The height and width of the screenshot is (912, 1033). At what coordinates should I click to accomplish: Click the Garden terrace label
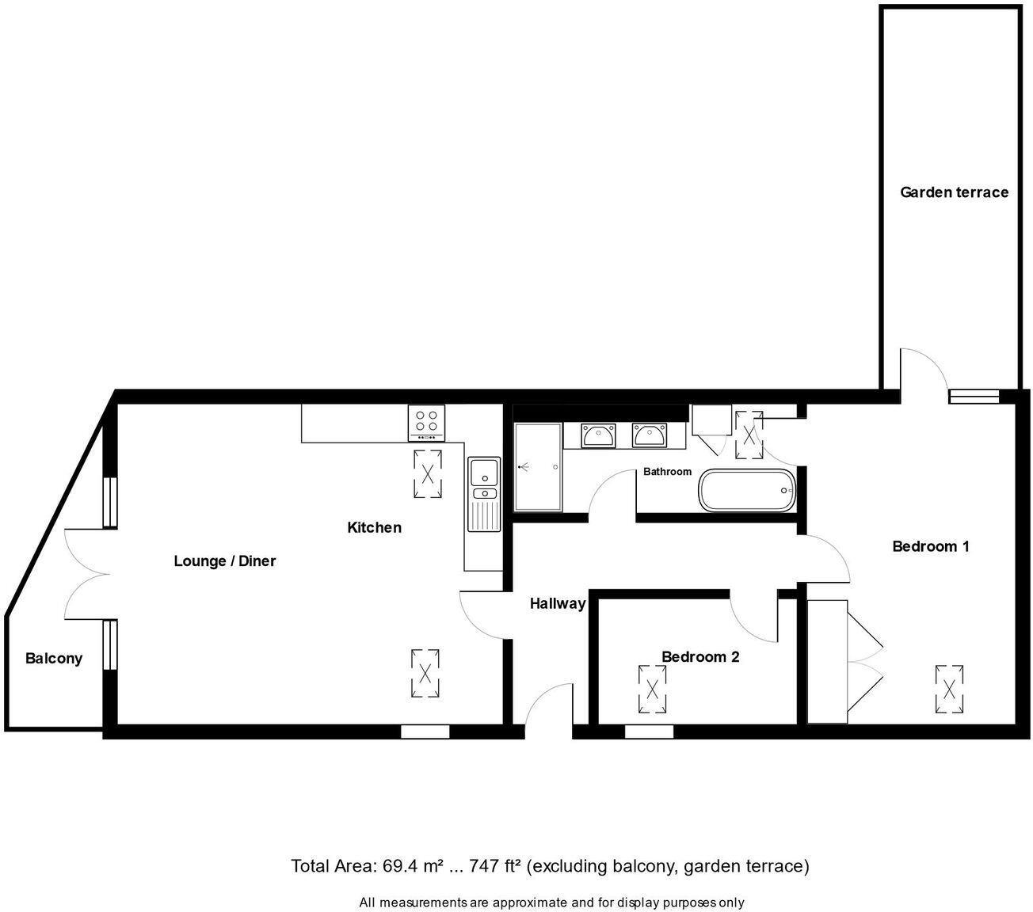(x=954, y=192)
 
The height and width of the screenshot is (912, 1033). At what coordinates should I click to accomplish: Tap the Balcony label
(x=54, y=658)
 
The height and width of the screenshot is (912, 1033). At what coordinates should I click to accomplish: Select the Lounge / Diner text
(x=225, y=560)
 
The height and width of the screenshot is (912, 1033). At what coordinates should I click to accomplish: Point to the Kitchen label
(x=374, y=527)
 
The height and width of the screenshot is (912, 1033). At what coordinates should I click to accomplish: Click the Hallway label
(x=557, y=603)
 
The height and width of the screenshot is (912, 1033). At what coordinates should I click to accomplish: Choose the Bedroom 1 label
(x=931, y=545)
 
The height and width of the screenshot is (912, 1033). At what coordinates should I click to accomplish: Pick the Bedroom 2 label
(x=700, y=656)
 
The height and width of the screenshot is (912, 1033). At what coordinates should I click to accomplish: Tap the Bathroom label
(x=667, y=472)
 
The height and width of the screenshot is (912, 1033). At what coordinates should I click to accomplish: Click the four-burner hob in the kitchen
(x=426, y=423)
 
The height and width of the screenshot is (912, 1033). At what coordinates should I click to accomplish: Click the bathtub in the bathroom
(x=746, y=490)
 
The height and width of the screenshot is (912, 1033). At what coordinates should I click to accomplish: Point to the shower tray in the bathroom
(x=538, y=468)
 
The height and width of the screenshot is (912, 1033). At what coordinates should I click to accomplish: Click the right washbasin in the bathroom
(x=649, y=435)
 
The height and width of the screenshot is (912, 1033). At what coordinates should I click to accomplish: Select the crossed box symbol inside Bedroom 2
(x=653, y=688)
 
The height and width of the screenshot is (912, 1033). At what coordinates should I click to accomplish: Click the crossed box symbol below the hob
(x=428, y=473)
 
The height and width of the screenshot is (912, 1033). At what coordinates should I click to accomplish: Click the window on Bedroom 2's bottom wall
(x=649, y=732)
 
